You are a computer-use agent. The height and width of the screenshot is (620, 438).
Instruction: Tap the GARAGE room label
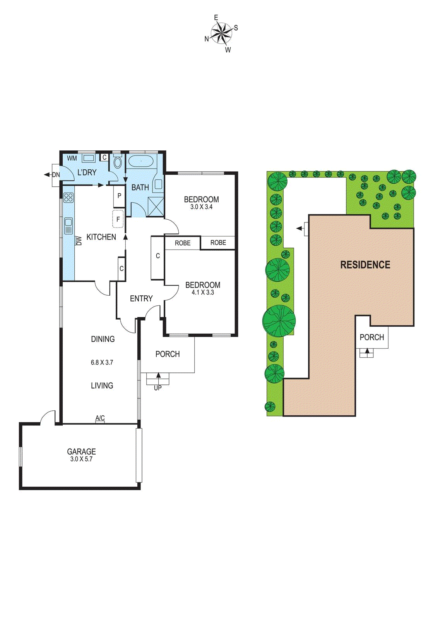coord(81,451)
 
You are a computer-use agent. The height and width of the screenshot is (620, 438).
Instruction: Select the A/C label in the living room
coord(100,418)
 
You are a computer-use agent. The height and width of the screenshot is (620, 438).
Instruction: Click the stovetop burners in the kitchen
coord(68,198)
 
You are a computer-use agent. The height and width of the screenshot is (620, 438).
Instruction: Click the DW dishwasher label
coord(79,241)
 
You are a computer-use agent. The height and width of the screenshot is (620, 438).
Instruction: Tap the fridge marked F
coord(118,219)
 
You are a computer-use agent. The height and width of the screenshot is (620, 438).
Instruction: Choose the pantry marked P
coord(119,196)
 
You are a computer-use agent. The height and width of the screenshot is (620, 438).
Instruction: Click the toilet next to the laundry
coord(118,162)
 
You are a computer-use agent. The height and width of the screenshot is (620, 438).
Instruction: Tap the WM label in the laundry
coord(72,158)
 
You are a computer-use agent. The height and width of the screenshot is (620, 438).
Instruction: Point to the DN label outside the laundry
coord(56,175)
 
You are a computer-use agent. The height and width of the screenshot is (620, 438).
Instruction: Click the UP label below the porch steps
coord(158,388)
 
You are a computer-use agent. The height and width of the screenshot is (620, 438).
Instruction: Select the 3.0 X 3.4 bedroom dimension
coord(201,207)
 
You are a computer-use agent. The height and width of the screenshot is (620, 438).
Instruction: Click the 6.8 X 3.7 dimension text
coord(102,362)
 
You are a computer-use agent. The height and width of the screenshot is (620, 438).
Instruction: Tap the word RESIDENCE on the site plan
coord(365,265)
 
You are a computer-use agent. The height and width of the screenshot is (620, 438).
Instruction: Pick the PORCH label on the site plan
coord(372,337)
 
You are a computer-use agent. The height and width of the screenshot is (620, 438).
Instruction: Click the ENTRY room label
coord(141,298)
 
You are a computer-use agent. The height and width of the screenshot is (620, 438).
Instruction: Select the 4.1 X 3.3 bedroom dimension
coord(203,293)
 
